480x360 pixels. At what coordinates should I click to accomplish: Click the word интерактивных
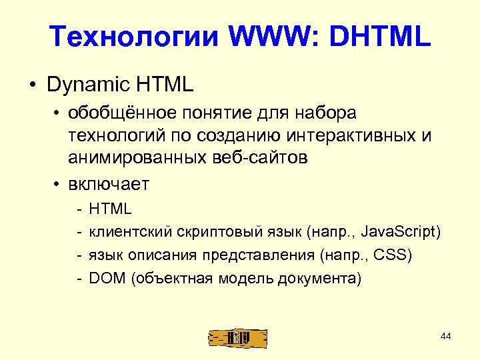pos(355,136)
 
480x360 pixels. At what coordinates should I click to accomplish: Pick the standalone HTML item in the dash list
pos(111,209)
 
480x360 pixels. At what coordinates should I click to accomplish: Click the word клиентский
pos(130,232)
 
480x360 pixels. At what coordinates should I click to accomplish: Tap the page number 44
pos(446,337)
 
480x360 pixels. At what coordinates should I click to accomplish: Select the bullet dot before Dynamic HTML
pos(32,86)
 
